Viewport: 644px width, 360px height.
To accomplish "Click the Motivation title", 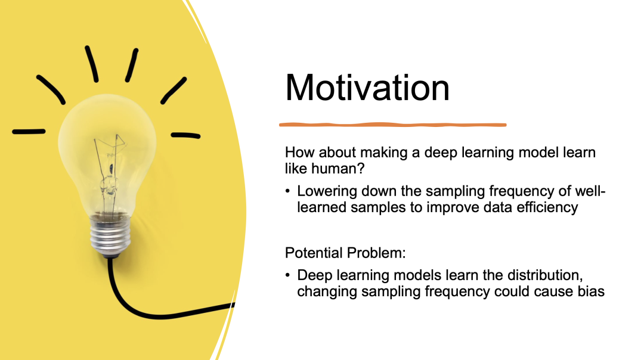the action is (367, 88).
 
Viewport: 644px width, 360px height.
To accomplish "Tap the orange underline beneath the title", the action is (392, 125).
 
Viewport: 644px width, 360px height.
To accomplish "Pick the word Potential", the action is (314, 253).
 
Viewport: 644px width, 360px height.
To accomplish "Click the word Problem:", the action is (376, 253).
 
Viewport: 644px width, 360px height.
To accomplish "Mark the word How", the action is (300, 153).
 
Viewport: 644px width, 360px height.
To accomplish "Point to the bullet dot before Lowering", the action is (287, 191).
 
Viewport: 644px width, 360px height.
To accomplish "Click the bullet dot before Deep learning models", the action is (287, 275).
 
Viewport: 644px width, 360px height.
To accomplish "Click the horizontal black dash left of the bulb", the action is (29, 132).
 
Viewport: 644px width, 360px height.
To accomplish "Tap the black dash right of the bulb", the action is (185, 135).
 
